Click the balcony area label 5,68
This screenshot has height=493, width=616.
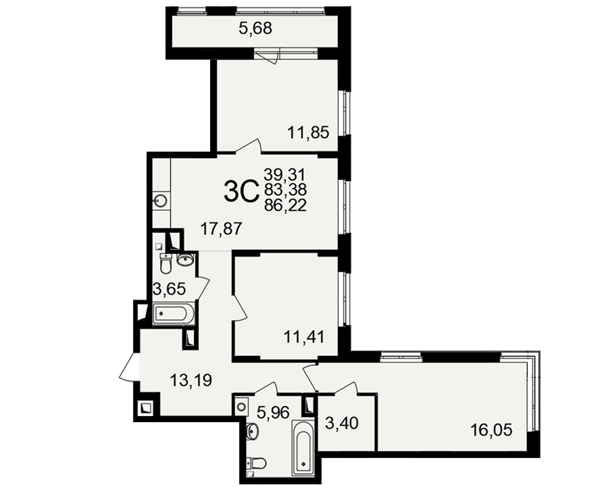pyautogui.click(x=256, y=28)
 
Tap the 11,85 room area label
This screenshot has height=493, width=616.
pyautogui.click(x=309, y=132)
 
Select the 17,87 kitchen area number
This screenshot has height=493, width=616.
pyautogui.click(x=221, y=229)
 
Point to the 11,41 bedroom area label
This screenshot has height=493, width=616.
pyautogui.click(x=304, y=337)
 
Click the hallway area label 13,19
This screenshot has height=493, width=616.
pyautogui.click(x=191, y=380)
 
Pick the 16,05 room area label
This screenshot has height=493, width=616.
pyautogui.click(x=492, y=430)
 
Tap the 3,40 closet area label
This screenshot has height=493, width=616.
pyautogui.click(x=342, y=423)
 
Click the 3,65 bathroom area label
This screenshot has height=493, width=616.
pyautogui.click(x=169, y=289)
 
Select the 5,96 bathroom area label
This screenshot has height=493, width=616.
pyautogui.click(x=274, y=412)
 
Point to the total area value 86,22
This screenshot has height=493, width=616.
pyautogui.click(x=285, y=205)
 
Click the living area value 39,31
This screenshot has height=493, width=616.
pyautogui.click(x=285, y=174)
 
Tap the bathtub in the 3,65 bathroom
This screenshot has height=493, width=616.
pyautogui.click(x=173, y=313)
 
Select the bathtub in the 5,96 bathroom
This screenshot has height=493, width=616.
pyautogui.click(x=303, y=448)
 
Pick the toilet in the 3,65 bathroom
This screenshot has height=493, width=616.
pyautogui.click(x=166, y=263)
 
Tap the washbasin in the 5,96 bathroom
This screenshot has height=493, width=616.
pyautogui.click(x=252, y=431)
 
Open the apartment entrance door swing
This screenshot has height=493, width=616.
pyautogui.click(x=129, y=367)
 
